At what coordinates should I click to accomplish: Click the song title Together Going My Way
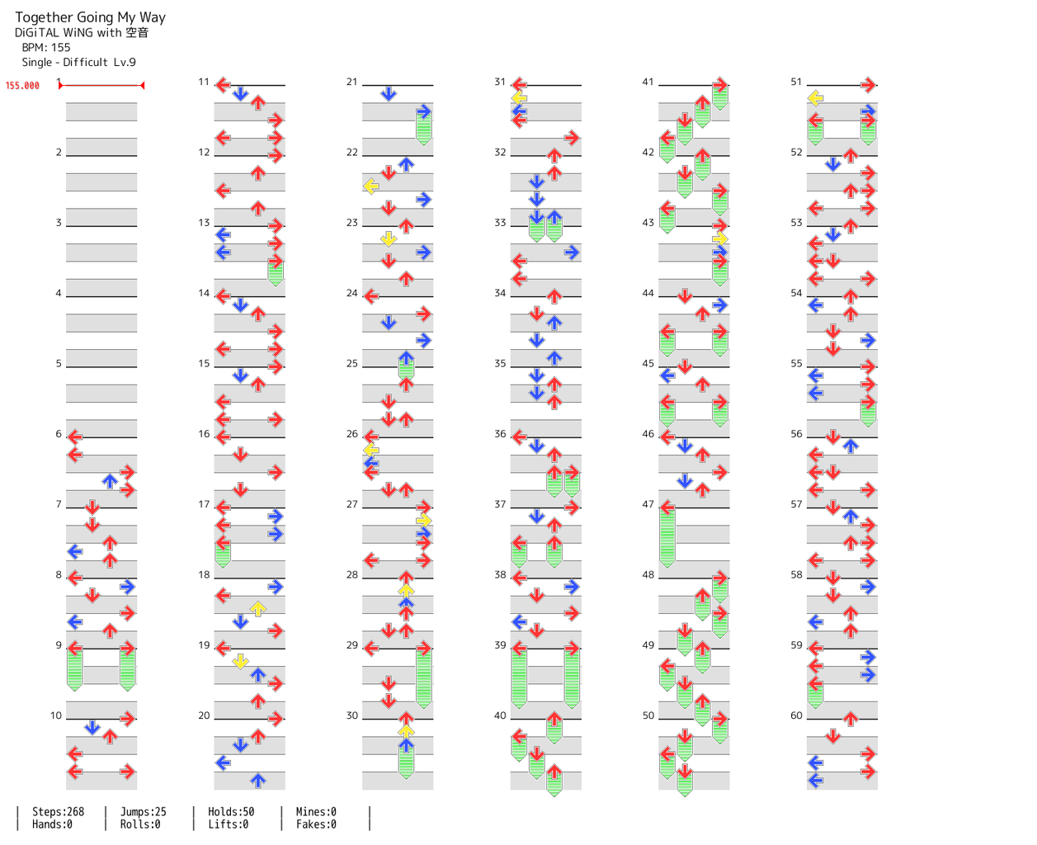point(90,17)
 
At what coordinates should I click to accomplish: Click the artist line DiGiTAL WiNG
point(82,33)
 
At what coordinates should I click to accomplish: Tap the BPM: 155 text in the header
point(46,48)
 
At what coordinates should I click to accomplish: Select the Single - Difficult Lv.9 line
point(78,63)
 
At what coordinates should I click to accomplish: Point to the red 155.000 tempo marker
point(22,86)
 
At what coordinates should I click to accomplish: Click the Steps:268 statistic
point(58,812)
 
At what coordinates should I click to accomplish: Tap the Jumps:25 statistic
point(144,812)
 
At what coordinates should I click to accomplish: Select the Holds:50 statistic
point(231,812)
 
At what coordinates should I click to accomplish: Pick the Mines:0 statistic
point(316,812)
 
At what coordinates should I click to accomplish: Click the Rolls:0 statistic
point(140,824)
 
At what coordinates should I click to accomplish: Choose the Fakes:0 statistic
point(316,824)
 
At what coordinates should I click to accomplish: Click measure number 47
point(648,504)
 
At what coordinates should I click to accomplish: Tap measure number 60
point(796,715)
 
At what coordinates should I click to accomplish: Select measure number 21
point(352,82)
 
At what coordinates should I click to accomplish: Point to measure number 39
point(500,645)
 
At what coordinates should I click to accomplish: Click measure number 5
point(59,363)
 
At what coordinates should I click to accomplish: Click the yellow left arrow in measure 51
point(815,98)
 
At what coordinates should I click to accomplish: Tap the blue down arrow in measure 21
point(389,94)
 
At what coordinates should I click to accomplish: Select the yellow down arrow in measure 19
point(240,661)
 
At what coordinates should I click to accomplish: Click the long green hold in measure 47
point(667,536)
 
